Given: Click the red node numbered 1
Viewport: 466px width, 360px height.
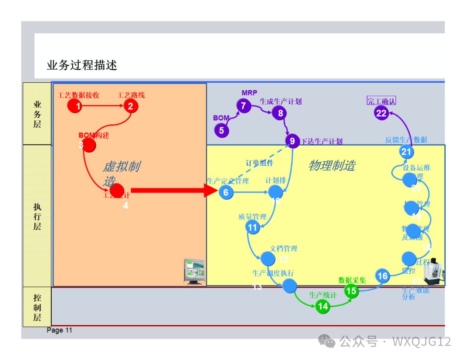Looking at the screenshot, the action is pyautogui.click(x=75, y=106).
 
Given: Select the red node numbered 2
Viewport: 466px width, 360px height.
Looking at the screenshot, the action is pyautogui.click(x=131, y=106).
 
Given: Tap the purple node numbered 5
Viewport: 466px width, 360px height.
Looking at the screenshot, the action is pyautogui.click(x=222, y=130).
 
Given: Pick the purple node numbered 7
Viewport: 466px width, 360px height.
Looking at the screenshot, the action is pyautogui.click(x=244, y=106).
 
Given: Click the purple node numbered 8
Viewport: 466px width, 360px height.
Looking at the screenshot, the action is pyautogui.click(x=280, y=113).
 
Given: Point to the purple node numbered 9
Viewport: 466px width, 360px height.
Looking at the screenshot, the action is pyautogui.click(x=293, y=141).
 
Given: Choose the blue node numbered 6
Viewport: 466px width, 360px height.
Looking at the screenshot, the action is pyautogui.click(x=226, y=192).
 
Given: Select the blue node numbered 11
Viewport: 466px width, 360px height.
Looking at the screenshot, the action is pyautogui.click(x=253, y=227).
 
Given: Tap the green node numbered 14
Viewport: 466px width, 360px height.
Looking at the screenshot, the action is pyautogui.click(x=323, y=307).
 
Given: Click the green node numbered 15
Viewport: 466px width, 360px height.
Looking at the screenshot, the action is pyautogui.click(x=352, y=291).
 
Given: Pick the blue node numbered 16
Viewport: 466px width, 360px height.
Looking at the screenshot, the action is pyautogui.click(x=382, y=276).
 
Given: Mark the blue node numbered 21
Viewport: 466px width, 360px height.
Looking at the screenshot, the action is pyautogui.click(x=406, y=152).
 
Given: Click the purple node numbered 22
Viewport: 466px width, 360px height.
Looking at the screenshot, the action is pyautogui.click(x=381, y=113).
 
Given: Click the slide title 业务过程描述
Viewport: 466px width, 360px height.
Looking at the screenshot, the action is pyautogui.click(x=82, y=66).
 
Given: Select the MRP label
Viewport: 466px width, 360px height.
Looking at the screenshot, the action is pyautogui.click(x=249, y=93).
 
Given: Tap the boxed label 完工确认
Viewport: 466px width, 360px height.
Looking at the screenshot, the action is pyautogui.click(x=381, y=101).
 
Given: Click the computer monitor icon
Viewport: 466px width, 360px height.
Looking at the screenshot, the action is pyautogui.click(x=194, y=271).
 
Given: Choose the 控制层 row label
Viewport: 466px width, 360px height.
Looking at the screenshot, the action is pyautogui.click(x=37, y=307).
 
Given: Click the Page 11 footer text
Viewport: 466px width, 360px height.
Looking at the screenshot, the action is pyautogui.click(x=60, y=330).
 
